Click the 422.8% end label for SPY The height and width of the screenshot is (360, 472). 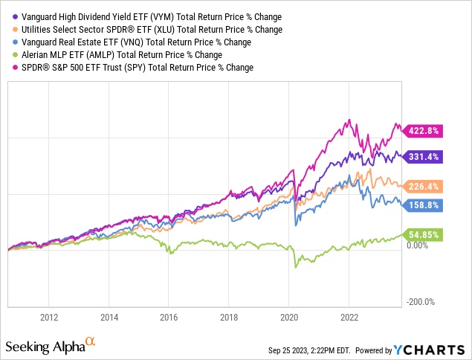coord(423,131)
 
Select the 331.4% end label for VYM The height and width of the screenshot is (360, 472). coord(424,157)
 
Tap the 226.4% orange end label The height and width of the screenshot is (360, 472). coord(424,187)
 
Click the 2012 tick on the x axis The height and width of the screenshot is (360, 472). coord(49,316)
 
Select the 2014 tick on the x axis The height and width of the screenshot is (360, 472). coord(109,316)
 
